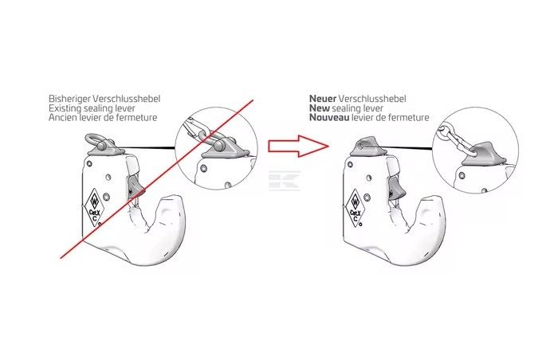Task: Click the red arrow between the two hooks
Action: (x=298, y=147)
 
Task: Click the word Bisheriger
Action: (x=67, y=99)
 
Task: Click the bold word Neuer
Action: (x=323, y=99)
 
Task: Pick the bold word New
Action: (x=320, y=108)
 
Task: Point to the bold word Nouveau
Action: (x=329, y=118)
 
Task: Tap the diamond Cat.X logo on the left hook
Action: (x=94, y=208)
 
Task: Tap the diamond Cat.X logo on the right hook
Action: (x=355, y=208)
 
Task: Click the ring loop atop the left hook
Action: (x=95, y=142)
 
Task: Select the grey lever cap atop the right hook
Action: (x=367, y=146)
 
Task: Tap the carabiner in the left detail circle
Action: (x=193, y=128)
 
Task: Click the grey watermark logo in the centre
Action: (x=284, y=181)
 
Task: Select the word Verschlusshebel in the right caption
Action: (x=372, y=99)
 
